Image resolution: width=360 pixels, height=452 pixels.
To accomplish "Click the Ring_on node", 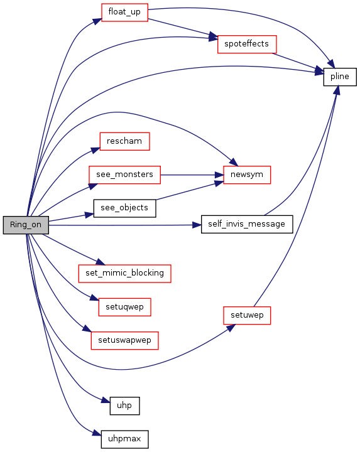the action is click(26, 225).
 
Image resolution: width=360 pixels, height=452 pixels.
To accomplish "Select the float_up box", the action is click(124, 13).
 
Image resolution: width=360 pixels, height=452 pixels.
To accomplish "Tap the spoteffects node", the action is click(247, 44).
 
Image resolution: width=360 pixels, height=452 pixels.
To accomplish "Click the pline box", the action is click(340, 77).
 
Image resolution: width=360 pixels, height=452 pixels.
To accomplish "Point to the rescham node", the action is click(124, 141).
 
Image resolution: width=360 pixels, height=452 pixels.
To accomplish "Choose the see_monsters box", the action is click(124, 175).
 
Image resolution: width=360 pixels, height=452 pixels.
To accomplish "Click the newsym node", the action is click(247, 175).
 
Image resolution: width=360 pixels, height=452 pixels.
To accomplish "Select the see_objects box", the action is click(124, 208).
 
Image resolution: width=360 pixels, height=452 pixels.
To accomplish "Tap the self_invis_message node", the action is click(247, 224).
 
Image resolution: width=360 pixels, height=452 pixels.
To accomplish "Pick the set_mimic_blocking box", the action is click(124, 273).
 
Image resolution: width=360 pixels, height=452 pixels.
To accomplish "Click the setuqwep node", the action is click(124, 307).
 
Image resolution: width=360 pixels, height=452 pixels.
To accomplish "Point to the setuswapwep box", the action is click(124, 340).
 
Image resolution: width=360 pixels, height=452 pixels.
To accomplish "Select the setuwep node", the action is click(247, 315).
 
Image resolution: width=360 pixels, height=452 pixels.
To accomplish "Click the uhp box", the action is click(124, 406).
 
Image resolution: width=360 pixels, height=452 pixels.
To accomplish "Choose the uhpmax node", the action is click(124, 439).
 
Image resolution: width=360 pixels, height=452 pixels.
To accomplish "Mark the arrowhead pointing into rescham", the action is click(95, 150).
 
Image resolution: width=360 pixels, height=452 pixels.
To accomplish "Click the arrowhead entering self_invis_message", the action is click(197, 225).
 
